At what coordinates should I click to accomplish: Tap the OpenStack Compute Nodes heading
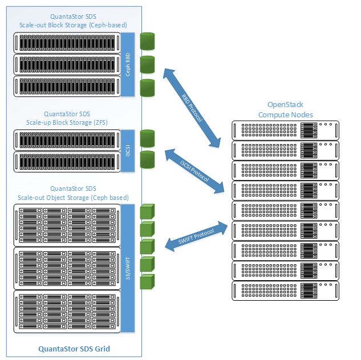pyautogui.click(x=285, y=110)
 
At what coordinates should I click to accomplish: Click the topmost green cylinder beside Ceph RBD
pyautogui.click(x=148, y=42)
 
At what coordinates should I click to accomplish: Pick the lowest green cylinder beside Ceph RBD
pyautogui.click(x=148, y=87)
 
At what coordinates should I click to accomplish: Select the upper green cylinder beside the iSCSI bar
pyautogui.click(x=148, y=137)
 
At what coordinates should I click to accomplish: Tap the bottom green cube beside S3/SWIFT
pyautogui.click(x=148, y=281)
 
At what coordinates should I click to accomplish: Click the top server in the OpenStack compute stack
pyautogui.click(x=284, y=129)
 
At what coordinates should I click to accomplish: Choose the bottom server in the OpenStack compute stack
pyautogui.click(x=284, y=290)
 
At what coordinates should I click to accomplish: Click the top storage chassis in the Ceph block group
pyautogui.click(x=67, y=42)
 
